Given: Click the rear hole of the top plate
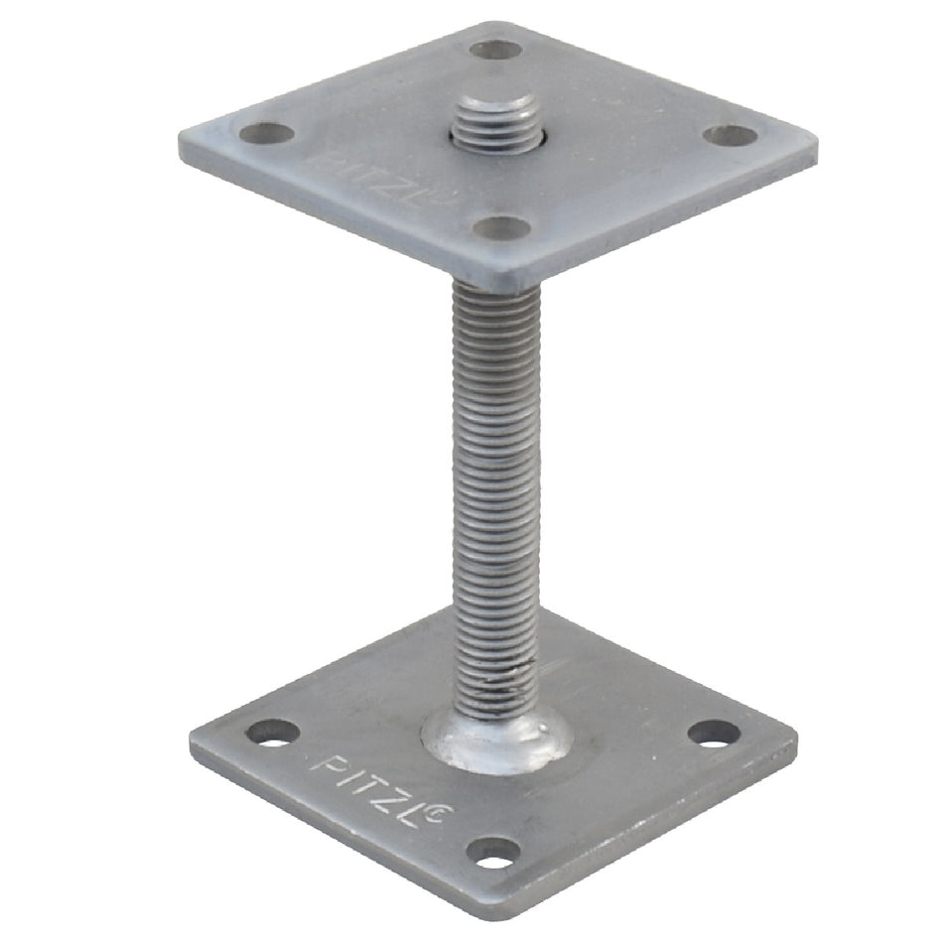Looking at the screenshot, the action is [x=494, y=50].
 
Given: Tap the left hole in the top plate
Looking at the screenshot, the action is [x=267, y=133].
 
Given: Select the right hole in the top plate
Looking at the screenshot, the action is [x=730, y=135].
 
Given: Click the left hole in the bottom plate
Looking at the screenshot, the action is [x=274, y=733].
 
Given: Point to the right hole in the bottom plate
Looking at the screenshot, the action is [x=714, y=734].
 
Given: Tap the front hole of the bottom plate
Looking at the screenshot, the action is [x=493, y=854].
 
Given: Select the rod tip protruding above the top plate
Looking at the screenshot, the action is [x=495, y=124].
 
